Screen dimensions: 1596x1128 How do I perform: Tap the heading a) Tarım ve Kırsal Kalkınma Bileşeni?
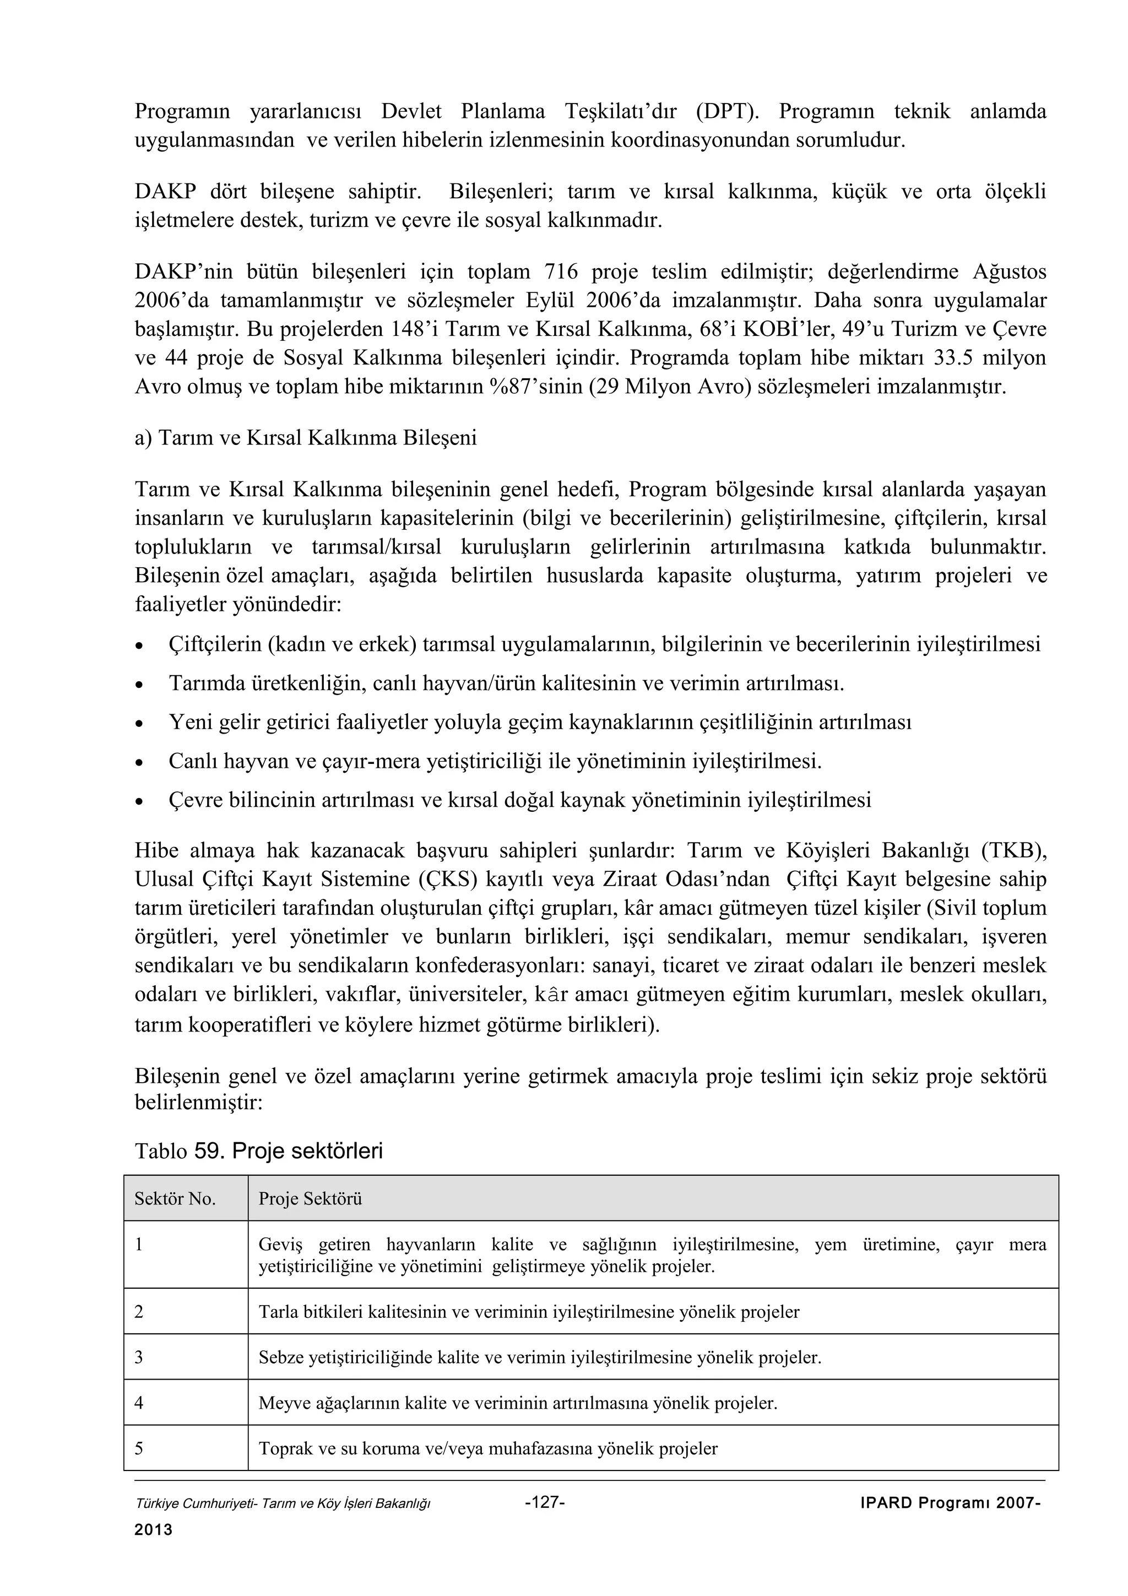pos(306,438)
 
